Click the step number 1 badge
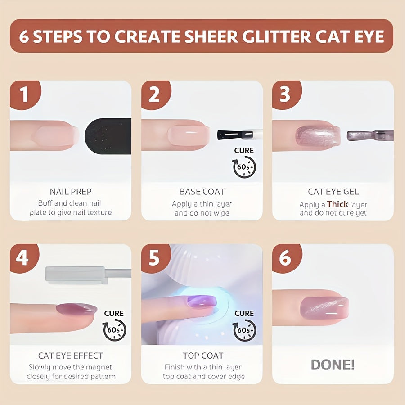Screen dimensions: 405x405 click(x=23, y=94)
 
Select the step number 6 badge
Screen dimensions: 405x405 click(x=286, y=258)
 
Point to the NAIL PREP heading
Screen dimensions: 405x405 click(x=71, y=192)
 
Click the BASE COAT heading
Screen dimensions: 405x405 click(x=202, y=192)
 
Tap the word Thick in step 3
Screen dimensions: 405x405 click(x=337, y=204)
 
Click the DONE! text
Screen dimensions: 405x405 click(x=333, y=364)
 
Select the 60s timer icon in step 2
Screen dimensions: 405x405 click(x=244, y=167)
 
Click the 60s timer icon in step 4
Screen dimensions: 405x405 click(x=114, y=330)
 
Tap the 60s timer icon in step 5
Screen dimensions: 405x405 click(x=244, y=330)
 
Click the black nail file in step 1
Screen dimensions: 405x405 click(x=108, y=136)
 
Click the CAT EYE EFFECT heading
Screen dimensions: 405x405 click(x=71, y=355)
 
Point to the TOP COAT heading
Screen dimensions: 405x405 click(x=202, y=355)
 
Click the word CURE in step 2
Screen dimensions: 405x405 click(x=244, y=150)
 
